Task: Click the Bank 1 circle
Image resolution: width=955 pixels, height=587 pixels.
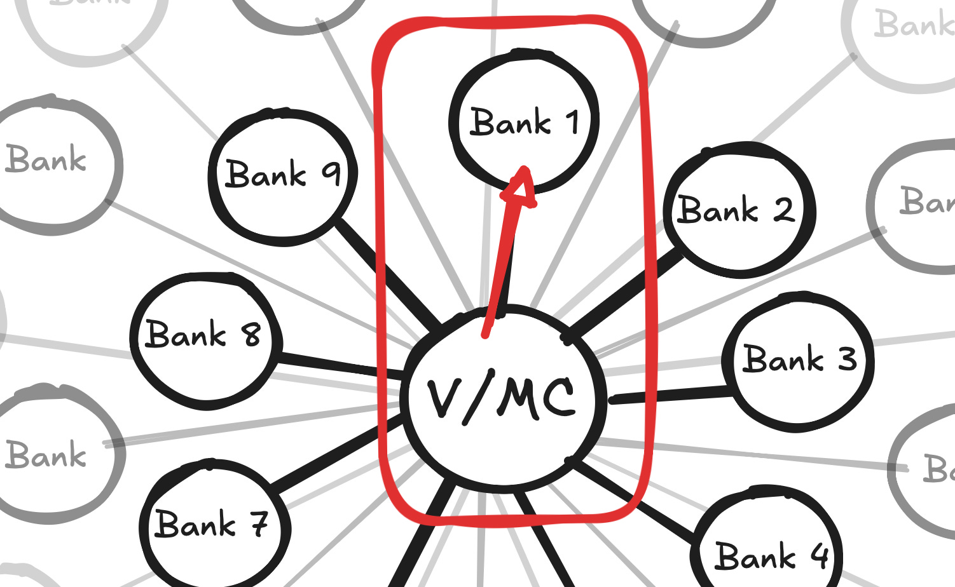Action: pyautogui.click(x=523, y=121)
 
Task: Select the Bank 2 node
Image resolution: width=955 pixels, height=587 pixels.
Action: pyautogui.click(x=738, y=210)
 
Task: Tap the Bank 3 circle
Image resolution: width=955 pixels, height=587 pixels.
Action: pyautogui.click(x=798, y=361)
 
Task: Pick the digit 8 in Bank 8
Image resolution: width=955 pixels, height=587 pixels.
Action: pyautogui.click(x=251, y=335)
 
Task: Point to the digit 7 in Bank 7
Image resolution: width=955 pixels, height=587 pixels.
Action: pyautogui.click(x=258, y=523)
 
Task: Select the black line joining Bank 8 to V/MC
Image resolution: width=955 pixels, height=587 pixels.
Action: pyautogui.click(x=337, y=364)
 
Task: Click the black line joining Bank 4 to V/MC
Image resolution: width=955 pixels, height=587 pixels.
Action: pyautogui.click(x=636, y=502)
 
